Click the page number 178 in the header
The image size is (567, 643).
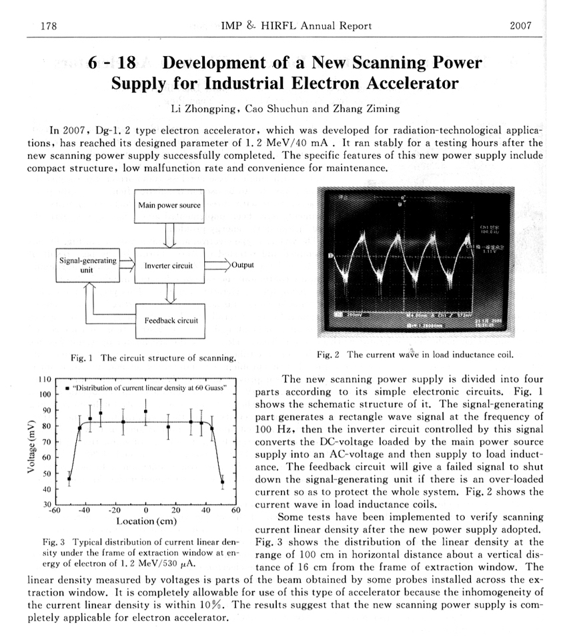(48, 26)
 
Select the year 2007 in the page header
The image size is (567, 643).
(520, 26)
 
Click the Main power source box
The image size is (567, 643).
(169, 205)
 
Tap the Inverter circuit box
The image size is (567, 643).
(169, 265)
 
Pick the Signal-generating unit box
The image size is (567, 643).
(87, 265)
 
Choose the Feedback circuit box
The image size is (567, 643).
(171, 320)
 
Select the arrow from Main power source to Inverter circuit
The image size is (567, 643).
(169, 234)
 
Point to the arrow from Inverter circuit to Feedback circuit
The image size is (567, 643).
(169, 292)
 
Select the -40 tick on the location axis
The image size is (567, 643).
(85, 510)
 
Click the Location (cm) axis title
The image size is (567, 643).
(146, 521)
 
